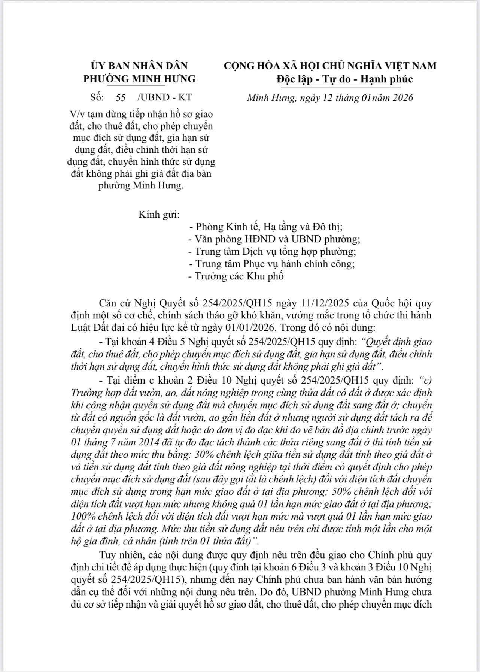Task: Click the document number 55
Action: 121,98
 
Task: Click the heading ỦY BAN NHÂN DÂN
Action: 139,66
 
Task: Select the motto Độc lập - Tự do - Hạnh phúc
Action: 344,79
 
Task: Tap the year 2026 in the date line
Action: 401,98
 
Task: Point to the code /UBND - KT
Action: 165,98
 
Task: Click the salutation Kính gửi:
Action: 159,215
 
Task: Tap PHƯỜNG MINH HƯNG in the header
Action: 139,79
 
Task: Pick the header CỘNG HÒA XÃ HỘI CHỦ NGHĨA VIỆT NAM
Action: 330,66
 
